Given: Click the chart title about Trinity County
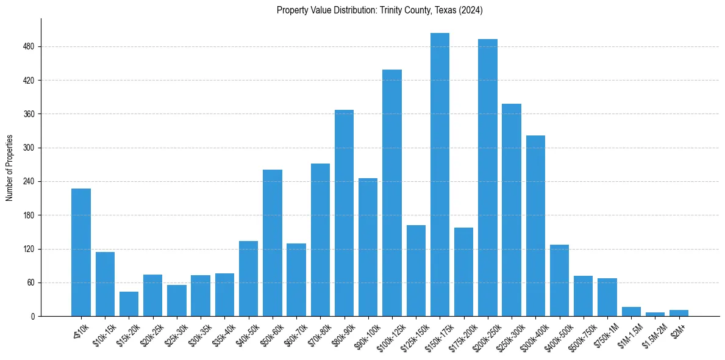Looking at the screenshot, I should [x=379, y=10].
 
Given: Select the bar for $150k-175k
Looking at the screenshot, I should [x=440, y=175].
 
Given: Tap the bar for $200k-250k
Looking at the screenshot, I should [x=488, y=178].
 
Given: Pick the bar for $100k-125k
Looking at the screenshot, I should [x=392, y=193].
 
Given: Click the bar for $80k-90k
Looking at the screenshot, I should [x=344, y=213].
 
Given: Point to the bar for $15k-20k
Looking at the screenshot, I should [x=129, y=304].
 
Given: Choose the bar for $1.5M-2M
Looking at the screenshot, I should [x=655, y=314].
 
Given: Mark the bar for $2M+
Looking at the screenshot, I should [x=679, y=313].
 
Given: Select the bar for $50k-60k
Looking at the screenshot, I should [x=273, y=243].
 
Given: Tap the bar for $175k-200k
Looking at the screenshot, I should [x=463, y=272].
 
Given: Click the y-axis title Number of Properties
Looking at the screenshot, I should [x=10, y=168].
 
